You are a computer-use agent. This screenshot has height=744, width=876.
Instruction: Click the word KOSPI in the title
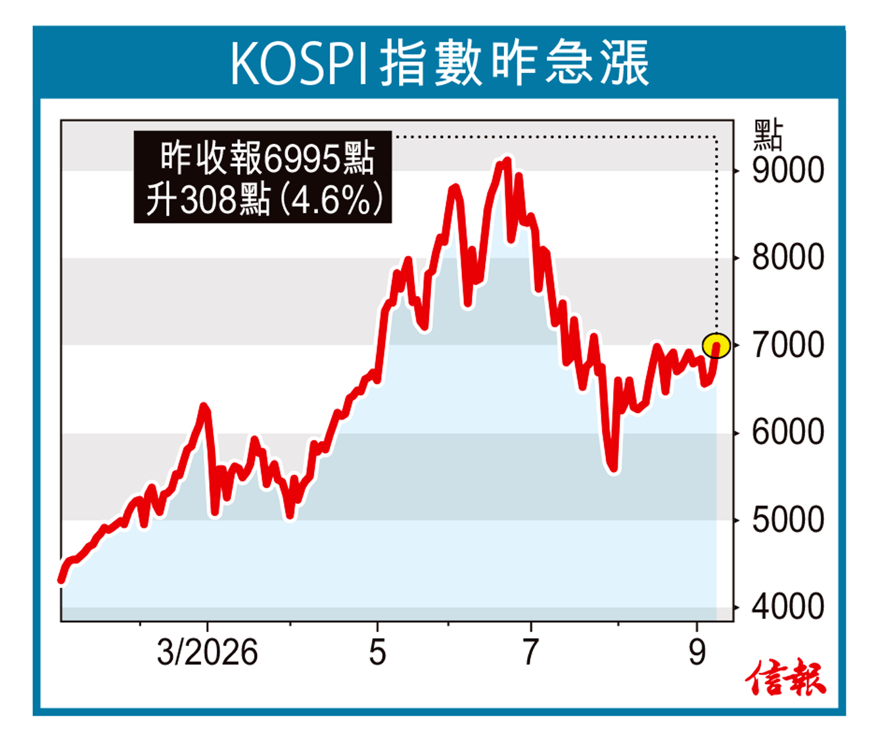298,64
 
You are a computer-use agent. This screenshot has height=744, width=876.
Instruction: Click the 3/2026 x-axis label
207,653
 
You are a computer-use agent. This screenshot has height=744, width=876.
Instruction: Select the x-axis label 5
378,653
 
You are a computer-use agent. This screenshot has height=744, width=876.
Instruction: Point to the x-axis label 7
530,653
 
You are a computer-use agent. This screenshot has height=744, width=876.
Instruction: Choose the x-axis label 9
697,653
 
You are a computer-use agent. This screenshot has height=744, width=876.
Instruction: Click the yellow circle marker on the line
716,346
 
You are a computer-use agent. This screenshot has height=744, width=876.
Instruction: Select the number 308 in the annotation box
208,199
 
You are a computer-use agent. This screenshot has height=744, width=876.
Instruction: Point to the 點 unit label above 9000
768,135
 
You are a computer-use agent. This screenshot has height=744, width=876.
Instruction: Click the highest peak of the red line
507,160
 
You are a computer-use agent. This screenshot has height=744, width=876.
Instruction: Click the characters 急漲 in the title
597,64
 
